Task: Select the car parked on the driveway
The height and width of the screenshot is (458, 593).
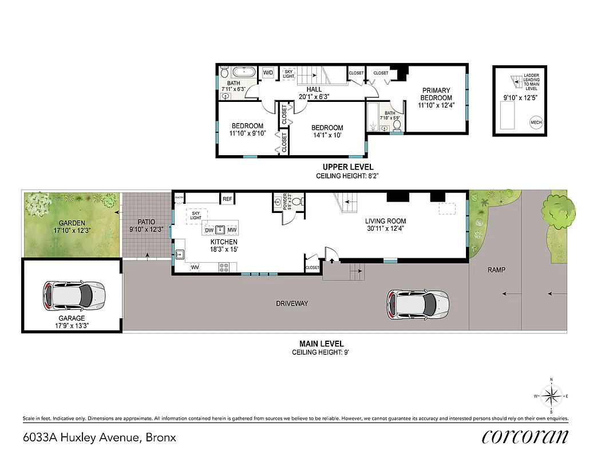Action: (417, 303)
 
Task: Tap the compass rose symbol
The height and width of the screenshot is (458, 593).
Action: (551, 395)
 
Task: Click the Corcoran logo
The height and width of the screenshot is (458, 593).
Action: (525, 436)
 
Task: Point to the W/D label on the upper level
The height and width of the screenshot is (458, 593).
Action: (268, 73)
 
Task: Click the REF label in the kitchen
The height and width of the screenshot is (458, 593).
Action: (227, 199)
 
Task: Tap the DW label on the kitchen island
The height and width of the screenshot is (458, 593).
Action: (209, 230)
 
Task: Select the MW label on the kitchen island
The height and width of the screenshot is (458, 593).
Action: (231, 230)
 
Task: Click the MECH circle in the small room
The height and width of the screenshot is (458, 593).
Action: (536, 122)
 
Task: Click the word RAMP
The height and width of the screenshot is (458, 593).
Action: (497, 270)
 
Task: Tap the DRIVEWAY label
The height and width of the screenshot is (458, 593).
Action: (291, 303)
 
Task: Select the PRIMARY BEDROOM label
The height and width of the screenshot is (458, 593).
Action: (436, 94)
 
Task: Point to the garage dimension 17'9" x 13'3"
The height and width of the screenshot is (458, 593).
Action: (71, 326)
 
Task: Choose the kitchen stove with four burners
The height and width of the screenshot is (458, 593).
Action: (224, 267)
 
